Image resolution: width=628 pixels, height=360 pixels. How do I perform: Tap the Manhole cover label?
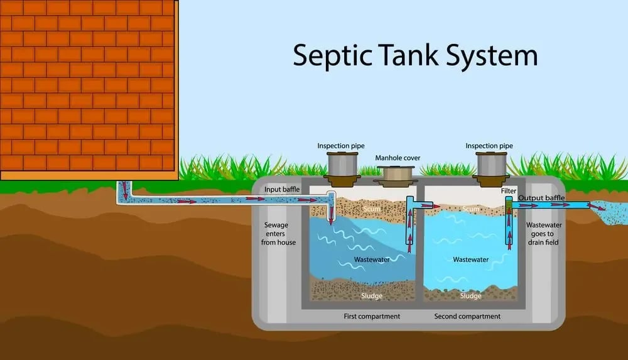tap(398, 158)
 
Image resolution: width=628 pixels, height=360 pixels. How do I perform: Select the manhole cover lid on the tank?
tap(395, 177)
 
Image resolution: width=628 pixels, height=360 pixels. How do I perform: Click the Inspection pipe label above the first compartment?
tap(341, 146)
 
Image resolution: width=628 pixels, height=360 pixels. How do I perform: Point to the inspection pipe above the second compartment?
tap(491, 169)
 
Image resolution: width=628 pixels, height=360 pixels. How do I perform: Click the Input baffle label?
tap(282, 189)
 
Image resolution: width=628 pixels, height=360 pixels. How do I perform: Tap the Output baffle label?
tap(541, 198)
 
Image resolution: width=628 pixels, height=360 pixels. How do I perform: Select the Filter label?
tap(509, 191)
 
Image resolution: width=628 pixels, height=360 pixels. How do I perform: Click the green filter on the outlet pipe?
tap(509, 204)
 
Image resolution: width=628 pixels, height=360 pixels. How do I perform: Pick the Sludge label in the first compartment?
tap(372, 296)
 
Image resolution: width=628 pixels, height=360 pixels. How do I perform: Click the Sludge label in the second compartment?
tap(470, 296)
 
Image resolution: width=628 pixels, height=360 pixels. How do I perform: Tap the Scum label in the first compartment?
tap(372, 209)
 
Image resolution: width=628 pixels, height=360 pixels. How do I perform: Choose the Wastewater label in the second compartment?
tap(470, 259)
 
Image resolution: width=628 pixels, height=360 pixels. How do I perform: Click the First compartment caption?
tap(372, 316)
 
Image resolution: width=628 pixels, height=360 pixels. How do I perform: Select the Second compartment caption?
tap(467, 316)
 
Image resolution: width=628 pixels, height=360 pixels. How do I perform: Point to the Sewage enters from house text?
tap(278, 234)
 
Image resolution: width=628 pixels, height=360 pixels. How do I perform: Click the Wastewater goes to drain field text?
tap(543, 234)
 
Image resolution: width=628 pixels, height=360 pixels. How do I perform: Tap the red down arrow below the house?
tap(124, 190)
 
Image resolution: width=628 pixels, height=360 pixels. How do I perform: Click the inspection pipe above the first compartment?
tap(342, 169)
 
